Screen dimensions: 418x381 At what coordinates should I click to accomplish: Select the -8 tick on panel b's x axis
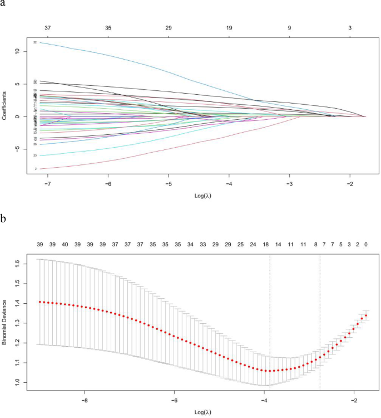(x=85, y=400)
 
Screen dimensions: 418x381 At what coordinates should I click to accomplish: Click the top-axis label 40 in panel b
(x=65, y=244)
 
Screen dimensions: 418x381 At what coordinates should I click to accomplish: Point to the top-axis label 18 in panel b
(x=266, y=244)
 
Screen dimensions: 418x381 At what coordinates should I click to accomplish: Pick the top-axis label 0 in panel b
(x=366, y=244)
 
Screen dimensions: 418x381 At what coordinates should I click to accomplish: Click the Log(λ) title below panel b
(x=202, y=413)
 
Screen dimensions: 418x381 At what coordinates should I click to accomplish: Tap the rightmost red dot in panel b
(x=366, y=315)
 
